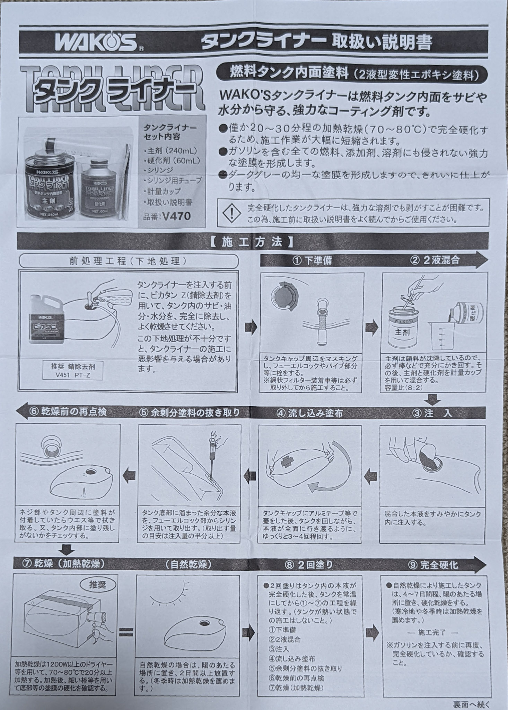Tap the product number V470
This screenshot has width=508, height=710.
(176, 216)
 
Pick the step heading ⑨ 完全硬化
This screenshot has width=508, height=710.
(433, 565)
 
